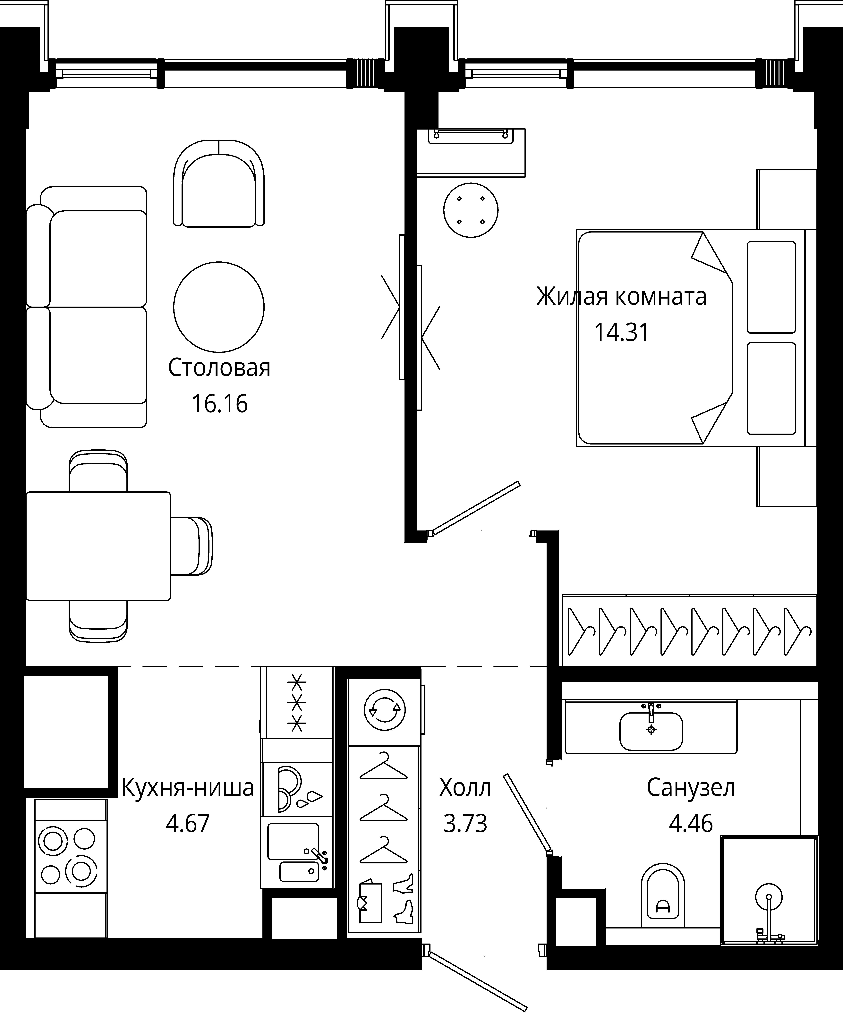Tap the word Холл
pos(465,788)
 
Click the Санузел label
pos(691,788)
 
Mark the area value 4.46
pos(691,823)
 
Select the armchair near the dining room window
pos(219,183)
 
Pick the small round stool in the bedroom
pos(471,210)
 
